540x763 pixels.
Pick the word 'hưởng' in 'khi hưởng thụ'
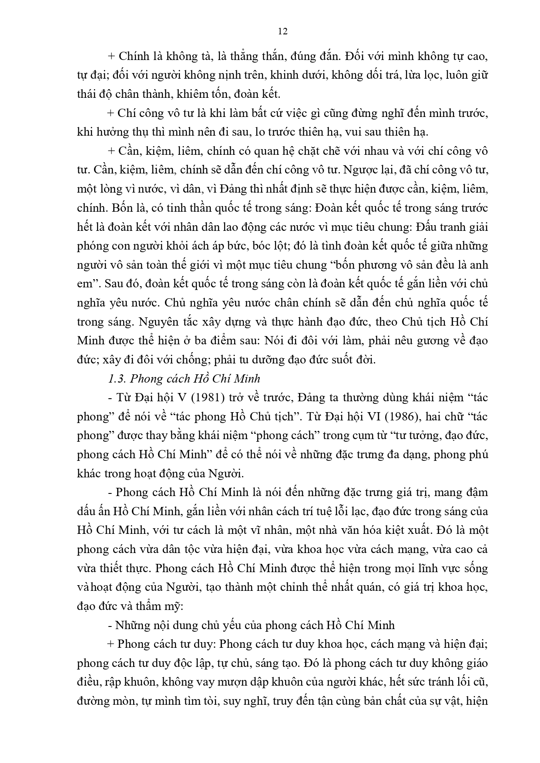coord(111,132)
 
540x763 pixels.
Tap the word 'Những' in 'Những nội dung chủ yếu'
coord(130,625)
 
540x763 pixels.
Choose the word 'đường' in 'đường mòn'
coord(91,701)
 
